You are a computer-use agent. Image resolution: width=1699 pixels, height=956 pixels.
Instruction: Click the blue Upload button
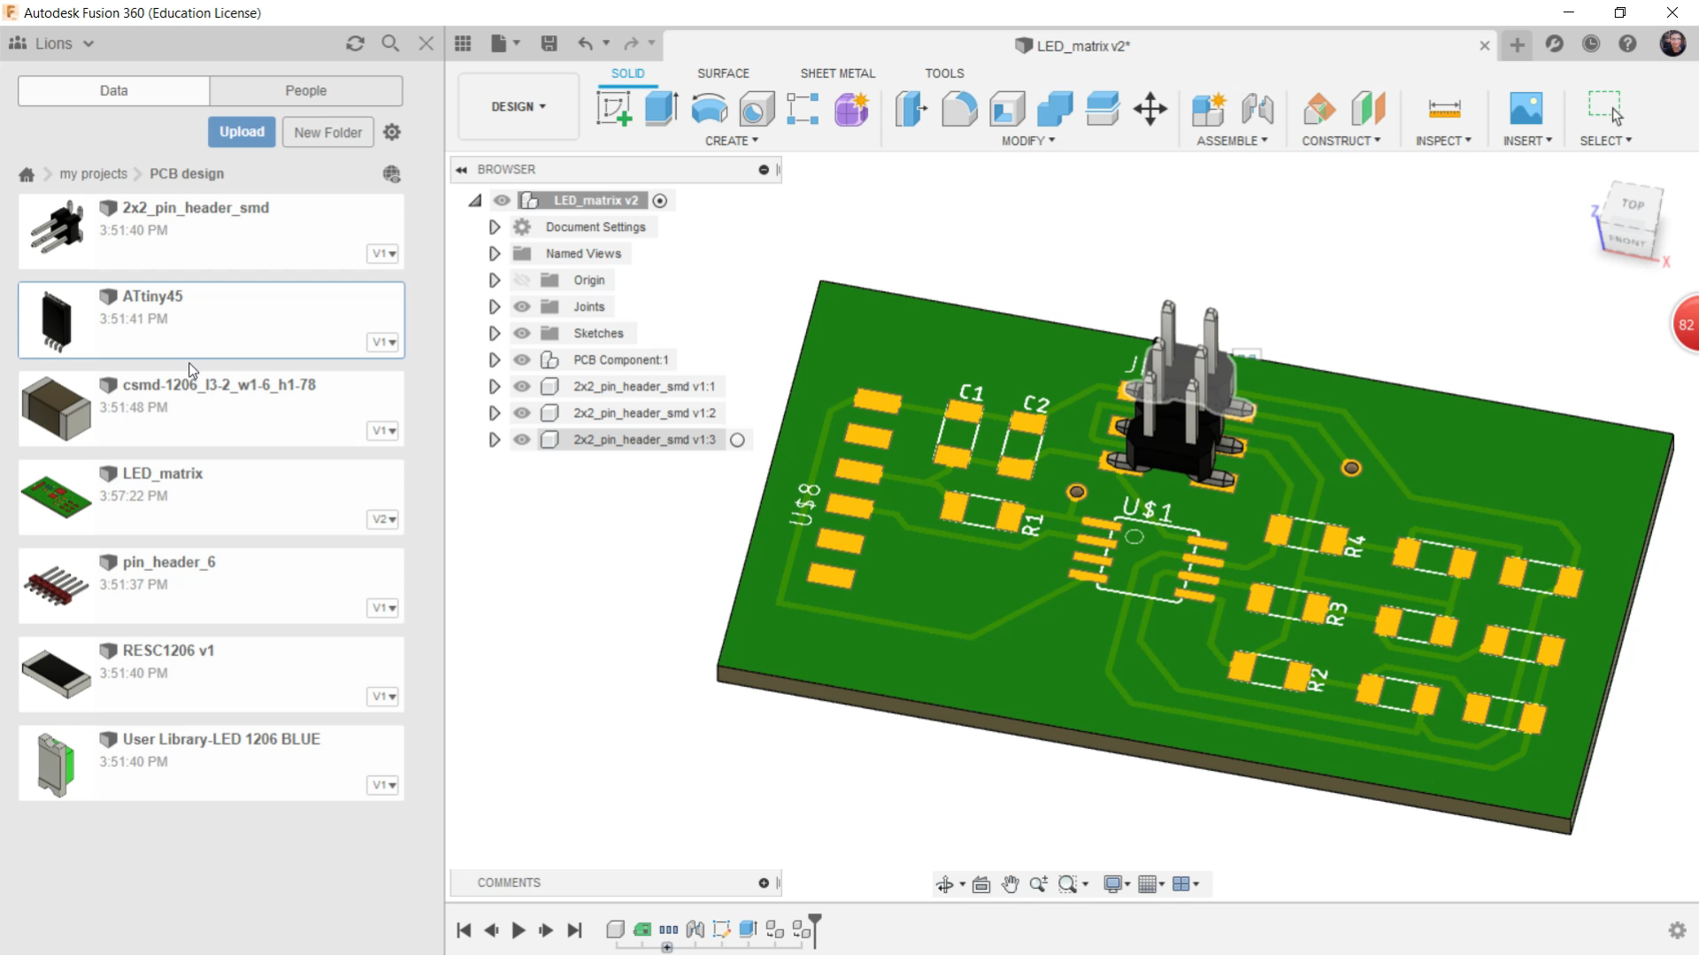(x=242, y=132)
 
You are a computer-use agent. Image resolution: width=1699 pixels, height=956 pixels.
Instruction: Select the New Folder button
(x=327, y=132)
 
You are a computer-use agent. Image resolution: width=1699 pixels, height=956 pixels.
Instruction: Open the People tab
(x=305, y=90)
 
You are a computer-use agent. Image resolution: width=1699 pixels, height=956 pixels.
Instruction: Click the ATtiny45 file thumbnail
(x=56, y=321)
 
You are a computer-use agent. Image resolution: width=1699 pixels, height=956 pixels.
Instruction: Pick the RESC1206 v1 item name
(x=168, y=651)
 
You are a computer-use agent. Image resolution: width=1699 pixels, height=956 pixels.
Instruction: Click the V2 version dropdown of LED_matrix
(x=383, y=520)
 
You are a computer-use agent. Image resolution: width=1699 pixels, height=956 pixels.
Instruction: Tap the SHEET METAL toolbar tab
(x=837, y=73)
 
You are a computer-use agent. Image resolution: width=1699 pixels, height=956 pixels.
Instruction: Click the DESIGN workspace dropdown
(x=519, y=106)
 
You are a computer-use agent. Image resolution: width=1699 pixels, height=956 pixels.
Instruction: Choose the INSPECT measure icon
(x=1444, y=109)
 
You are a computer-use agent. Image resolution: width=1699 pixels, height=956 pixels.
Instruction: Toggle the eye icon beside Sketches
(x=522, y=334)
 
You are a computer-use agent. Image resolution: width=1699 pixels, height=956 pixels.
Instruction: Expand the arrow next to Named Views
(x=495, y=254)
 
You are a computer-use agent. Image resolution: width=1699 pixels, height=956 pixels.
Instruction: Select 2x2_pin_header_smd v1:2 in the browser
(x=644, y=413)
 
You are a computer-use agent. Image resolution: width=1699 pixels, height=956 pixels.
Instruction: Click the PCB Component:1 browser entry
(x=620, y=360)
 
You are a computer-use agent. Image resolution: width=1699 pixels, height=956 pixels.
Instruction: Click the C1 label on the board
(x=971, y=392)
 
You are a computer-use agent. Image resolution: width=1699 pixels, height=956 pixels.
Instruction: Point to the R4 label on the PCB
(x=1355, y=546)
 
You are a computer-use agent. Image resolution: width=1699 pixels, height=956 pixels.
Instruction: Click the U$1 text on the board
(x=1147, y=509)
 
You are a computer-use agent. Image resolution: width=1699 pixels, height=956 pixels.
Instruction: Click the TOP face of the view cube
(x=1633, y=204)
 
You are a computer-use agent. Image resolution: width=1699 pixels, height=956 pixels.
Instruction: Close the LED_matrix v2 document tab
(x=1484, y=46)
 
